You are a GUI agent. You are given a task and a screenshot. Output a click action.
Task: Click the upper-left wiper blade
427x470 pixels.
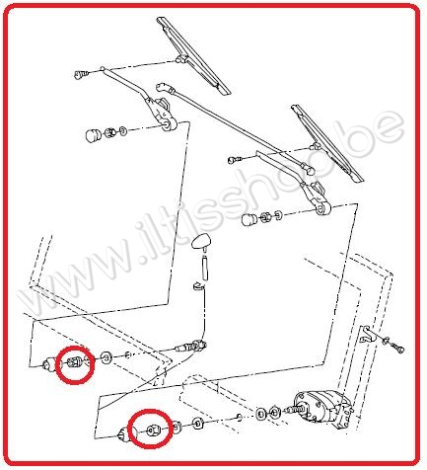pos(193,55)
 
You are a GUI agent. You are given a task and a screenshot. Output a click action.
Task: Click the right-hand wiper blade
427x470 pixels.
pos(327,143)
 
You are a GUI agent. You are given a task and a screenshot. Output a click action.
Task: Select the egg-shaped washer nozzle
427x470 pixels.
pos(200,242)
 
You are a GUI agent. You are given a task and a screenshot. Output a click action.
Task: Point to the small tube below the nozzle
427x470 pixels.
pos(206,269)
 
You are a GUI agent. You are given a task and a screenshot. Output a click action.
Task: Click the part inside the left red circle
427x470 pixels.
pos(75,362)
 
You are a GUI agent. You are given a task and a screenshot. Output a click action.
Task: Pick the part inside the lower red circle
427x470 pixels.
pos(153,430)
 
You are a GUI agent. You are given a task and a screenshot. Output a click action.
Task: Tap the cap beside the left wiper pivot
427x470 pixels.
pos(93,135)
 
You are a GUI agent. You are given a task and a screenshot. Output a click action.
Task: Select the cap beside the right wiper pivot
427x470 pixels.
pos(249,219)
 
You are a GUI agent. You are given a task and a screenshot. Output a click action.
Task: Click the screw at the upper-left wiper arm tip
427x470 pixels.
pos(81,75)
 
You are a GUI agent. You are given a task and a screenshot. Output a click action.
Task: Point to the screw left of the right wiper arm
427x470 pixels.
pos(234,160)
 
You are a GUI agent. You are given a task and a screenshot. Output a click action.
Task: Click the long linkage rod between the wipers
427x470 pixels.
pos(235,126)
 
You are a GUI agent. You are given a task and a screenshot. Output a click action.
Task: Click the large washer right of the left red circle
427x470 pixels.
pos(107,357)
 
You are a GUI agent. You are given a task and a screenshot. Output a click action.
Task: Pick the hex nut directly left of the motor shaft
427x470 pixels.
pos(274,412)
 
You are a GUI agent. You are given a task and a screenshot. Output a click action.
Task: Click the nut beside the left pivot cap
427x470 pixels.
pos(109,133)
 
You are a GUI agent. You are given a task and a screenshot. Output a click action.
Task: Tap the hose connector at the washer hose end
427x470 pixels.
pos(190,347)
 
